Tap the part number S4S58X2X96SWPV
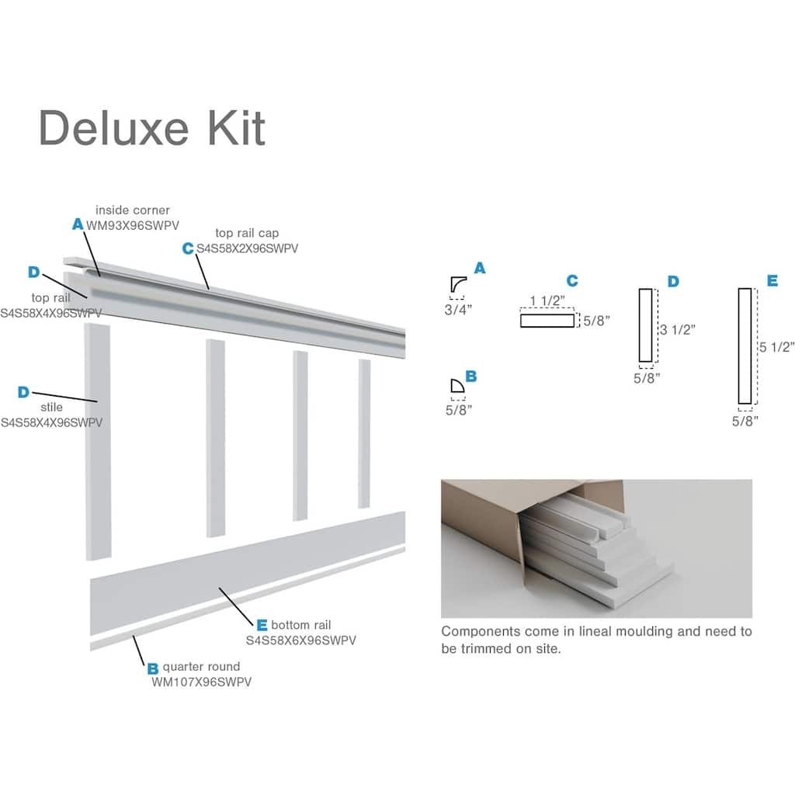[247, 248]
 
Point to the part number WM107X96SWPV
[201, 682]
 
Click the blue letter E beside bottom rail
[262, 625]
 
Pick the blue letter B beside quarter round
[152, 667]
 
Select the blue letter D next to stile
[24, 393]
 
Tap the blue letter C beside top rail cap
[187, 248]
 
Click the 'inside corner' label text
[132, 210]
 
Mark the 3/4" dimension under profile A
[459, 308]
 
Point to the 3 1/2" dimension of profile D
[677, 329]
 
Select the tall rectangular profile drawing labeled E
[745, 346]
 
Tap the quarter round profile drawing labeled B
[457, 387]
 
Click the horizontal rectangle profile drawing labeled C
[547, 320]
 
